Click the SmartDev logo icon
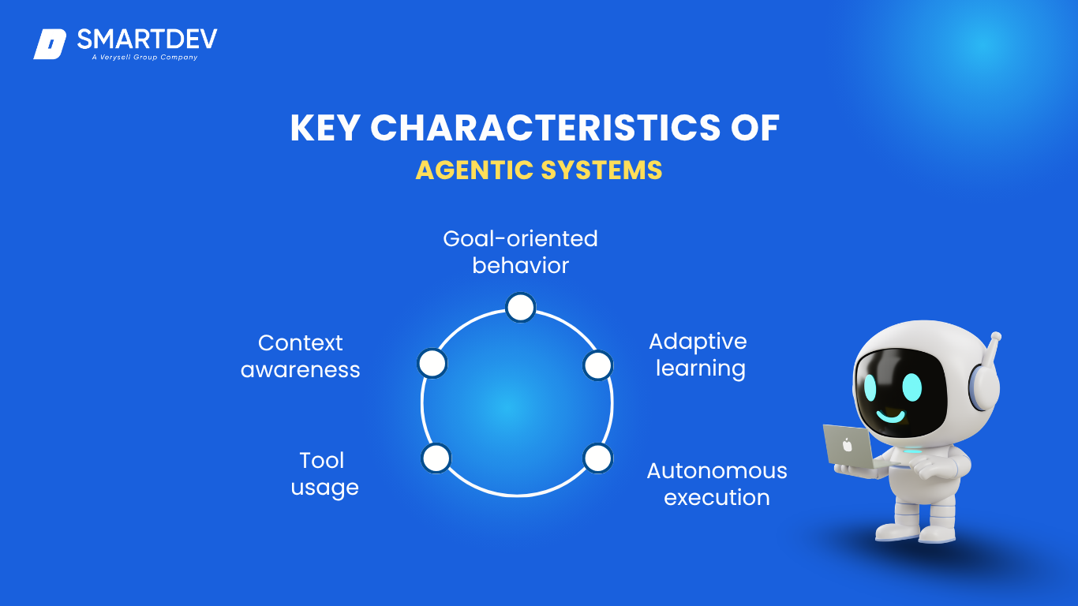point(50,44)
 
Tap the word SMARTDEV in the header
point(148,39)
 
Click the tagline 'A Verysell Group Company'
point(145,58)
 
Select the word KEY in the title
point(325,128)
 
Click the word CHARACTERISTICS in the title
point(545,128)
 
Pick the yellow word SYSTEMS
point(601,170)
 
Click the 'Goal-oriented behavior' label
point(520,252)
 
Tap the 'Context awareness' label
point(301,356)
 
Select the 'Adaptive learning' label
point(698,355)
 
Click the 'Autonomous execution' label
point(717,484)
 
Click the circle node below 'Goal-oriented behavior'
point(521,307)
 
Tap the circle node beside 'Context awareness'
point(432,364)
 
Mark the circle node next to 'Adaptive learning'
point(597,365)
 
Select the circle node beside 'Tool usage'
point(436,458)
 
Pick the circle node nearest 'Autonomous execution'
point(597,458)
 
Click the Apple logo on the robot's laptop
point(848,445)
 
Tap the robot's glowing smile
point(891,416)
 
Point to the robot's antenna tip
point(996,336)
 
